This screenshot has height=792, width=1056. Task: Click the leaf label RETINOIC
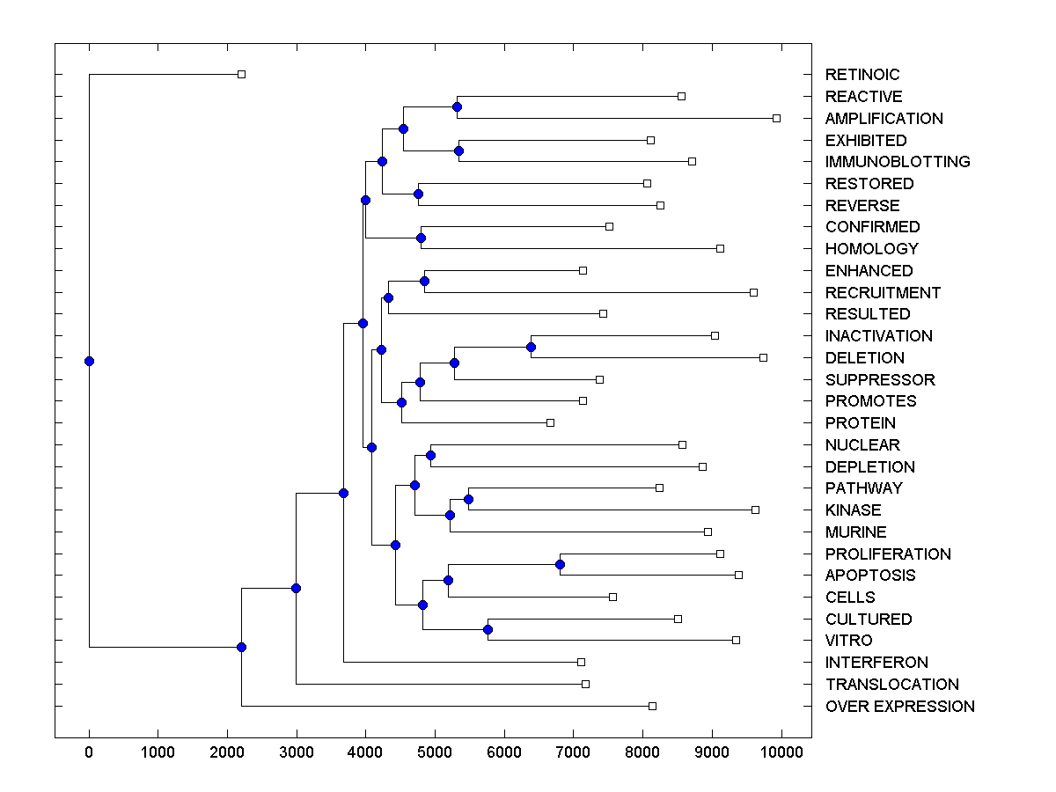pos(862,75)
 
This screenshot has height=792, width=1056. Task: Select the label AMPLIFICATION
pos(884,118)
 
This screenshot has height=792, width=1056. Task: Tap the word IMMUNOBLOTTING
pos(898,162)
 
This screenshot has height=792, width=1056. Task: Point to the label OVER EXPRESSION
pos(899,707)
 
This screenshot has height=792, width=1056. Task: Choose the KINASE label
pos(853,510)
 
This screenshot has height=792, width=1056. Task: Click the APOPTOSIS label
pos(870,576)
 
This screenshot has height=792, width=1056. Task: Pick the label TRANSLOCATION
pos(891,685)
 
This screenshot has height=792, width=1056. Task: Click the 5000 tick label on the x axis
pos(435,751)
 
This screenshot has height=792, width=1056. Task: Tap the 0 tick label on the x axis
pos(89,751)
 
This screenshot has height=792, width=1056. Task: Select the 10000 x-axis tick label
pos(781,751)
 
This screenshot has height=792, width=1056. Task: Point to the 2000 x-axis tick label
pos(227,751)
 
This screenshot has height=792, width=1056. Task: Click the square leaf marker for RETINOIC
pos(242,75)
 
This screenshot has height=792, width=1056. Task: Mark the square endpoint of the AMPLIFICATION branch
pos(776,118)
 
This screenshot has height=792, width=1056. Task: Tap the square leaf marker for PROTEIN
pos(550,422)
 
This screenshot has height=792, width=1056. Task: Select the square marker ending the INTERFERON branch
pos(581,662)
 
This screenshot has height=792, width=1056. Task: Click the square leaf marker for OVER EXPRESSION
pos(652,706)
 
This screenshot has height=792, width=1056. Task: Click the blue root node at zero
pos(89,361)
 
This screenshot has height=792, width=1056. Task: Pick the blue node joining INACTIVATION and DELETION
pos(531,347)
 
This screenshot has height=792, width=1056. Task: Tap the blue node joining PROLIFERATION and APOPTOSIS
pos(560,564)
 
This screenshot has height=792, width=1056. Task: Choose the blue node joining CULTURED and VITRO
pos(488,629)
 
